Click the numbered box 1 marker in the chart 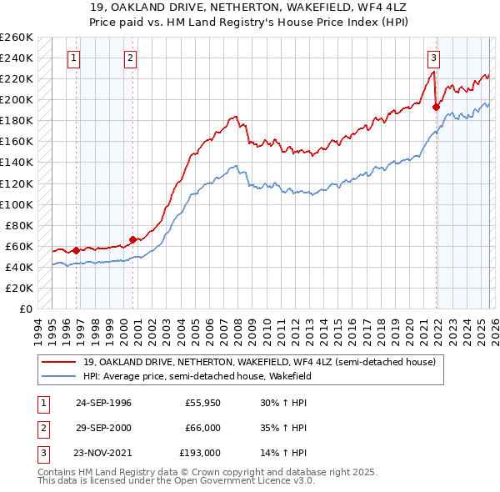coord(76,58)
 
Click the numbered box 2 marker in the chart coord(132,58)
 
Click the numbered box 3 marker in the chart coord(434,58)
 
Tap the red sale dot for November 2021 coord(436,107)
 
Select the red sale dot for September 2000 coord(132,239)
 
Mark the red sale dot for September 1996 coord(76,250)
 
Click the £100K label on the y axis coord(17,204)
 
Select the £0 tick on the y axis coord(25,309)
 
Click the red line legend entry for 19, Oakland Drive coord(258,361)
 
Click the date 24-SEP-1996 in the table coord(103,403)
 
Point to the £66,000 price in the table coord(203,428)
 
